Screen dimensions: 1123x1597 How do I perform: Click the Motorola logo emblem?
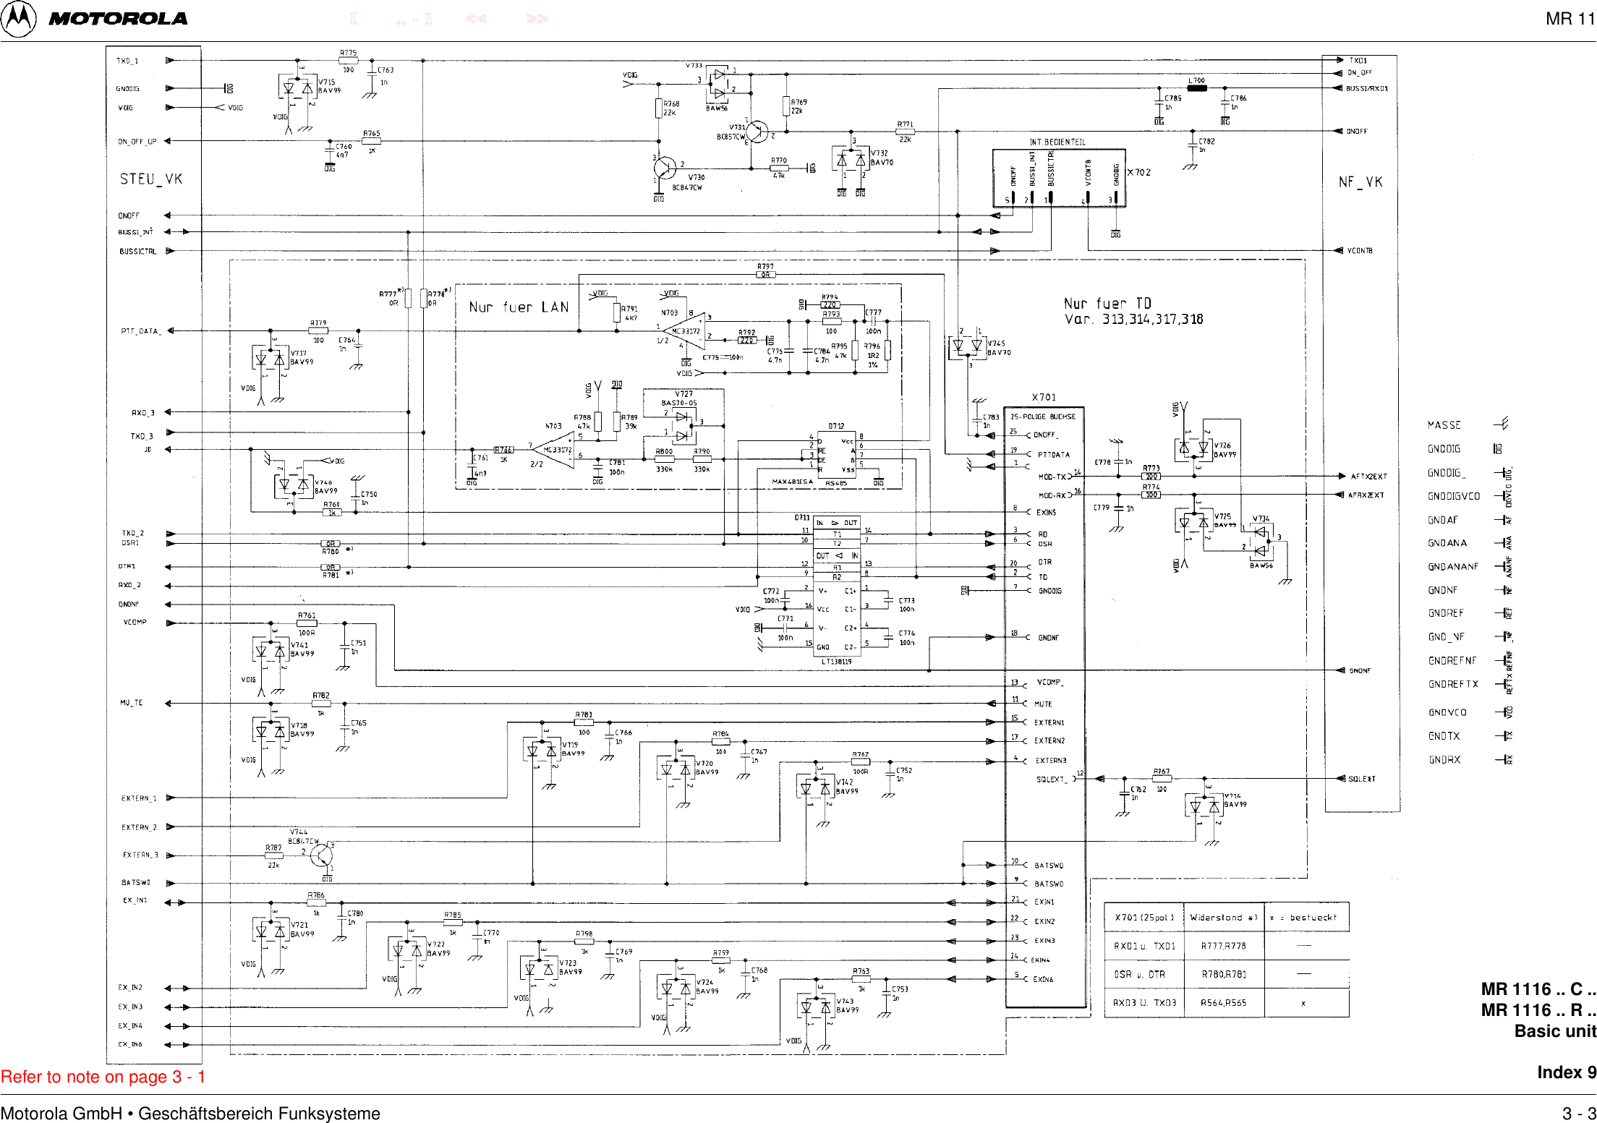click(18, 19)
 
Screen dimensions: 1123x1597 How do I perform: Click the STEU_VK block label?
click(150, 179)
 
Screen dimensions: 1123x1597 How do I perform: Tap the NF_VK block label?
click(1360, 182)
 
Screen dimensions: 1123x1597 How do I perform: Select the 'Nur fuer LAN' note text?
click(519, 307)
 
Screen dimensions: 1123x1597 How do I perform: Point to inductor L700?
click(1197, 88)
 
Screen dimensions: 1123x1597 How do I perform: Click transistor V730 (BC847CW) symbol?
click(665, 168)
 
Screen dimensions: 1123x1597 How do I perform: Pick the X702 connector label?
click(1138, 172)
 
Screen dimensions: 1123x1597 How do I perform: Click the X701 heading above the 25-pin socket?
click(1044, 397)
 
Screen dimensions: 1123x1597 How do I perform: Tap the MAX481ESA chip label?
click(792, 481)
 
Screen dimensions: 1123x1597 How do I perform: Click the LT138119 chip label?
click(836, 661)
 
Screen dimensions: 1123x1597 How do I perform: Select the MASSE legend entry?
click(1444, 425)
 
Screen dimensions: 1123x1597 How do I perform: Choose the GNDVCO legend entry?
click(1447, 712)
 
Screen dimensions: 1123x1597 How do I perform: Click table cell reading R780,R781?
click(1223, 974)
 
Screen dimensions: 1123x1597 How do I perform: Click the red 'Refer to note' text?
click(103, 1077)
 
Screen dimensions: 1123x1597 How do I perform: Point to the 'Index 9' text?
click(1566, 1072)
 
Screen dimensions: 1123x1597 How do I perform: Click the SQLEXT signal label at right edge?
click(1361, 779)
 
